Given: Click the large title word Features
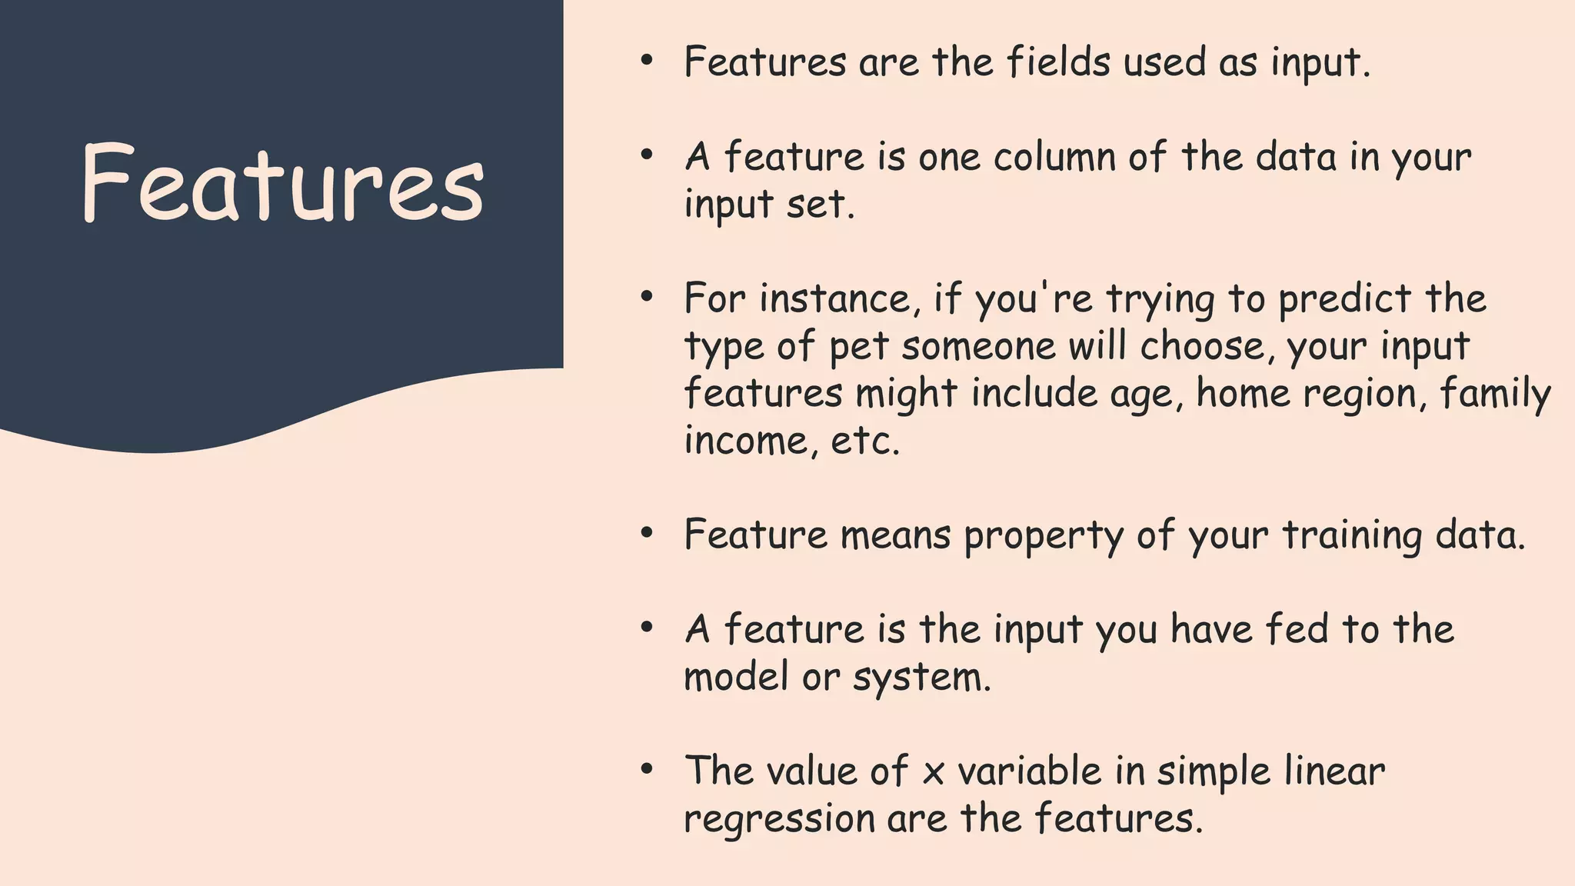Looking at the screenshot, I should coord(282,185).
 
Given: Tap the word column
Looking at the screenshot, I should coord(1054,157).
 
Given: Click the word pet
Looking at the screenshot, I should coord(859,347).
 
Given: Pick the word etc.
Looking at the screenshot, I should coord(864,441).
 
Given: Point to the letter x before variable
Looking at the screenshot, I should coord(933,772).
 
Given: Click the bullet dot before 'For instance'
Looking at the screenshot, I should coord(647,297).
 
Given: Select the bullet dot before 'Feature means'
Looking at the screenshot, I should coord(647,533).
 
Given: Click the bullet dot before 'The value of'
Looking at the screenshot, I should coord(647,769).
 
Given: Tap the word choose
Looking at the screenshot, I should coord(1202,346).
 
